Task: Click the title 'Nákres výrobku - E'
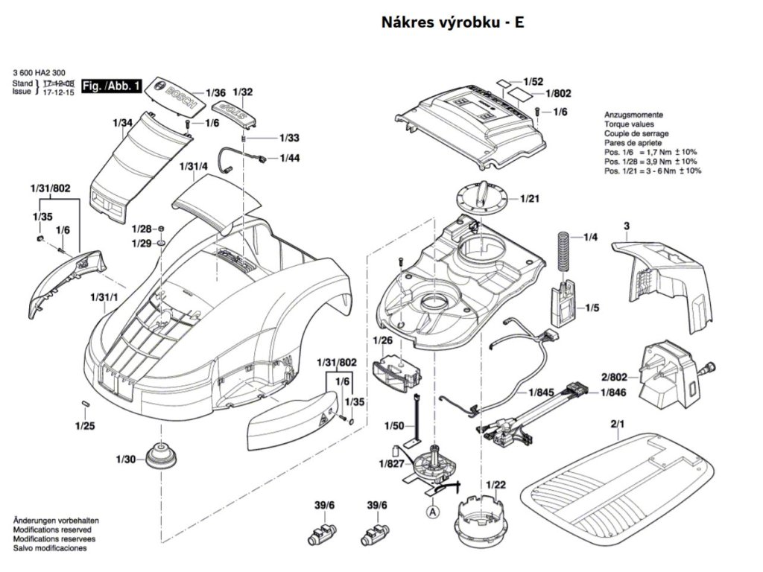click(x=452, y=22)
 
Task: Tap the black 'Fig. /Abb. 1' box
click(x=112, y=86)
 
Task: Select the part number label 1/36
click(x=216, y=92)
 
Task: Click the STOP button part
click(x=233, y=114)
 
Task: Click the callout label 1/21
click(x=530, y=198)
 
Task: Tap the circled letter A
click(x=432, y=512)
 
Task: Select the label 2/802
click(x=614, y=377)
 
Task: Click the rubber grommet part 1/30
click(x=162, y=457)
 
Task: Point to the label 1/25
click(x=85, y=426)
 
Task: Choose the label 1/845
click(x=541, y=392)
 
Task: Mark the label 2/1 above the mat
click(x=617, y=424)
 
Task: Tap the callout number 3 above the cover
click(x=627, y=226)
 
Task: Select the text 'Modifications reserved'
click(x=52, y=530)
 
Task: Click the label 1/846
click(x=613, y=392)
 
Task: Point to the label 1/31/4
click(x=194, y=166)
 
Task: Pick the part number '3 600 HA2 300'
click(x=39, y=73)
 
